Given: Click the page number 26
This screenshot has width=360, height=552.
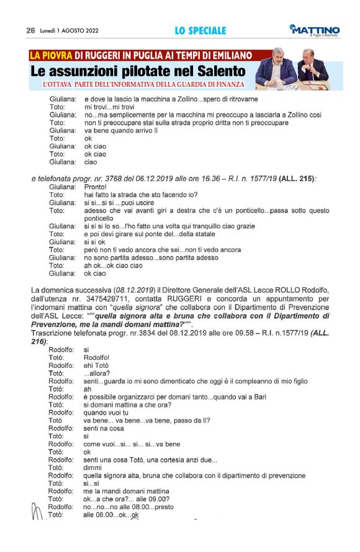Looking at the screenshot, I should [x=30, y=30].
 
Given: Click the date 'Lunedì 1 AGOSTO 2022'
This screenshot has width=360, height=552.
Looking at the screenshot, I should [x=70, y=30].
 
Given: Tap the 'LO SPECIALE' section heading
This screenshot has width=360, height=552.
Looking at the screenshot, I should [x=200, y=30].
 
